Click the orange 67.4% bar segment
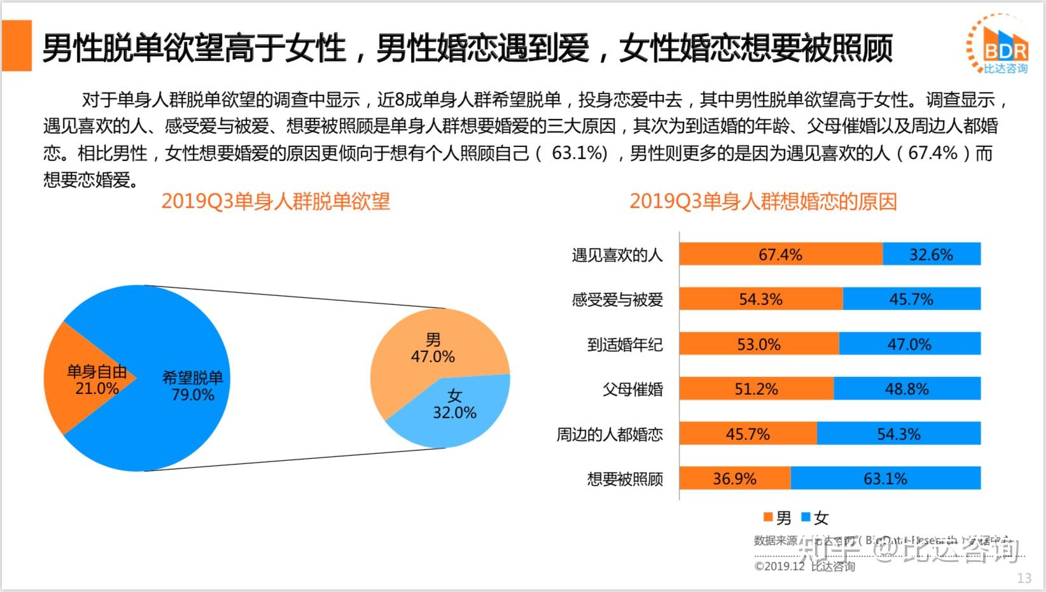click(x=781, y=255)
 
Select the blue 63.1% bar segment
click(x=885, y=479)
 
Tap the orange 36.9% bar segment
click(x=734, y=479)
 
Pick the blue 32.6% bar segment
click(x=931, y=255)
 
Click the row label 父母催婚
click(x=632, y=389)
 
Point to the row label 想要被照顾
click(x=625, y=479)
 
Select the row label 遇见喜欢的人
click(x=617, y=255)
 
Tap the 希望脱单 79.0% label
click(x=193, y=386)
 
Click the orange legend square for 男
click(x=768, y=517)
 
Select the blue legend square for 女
click(x=805, y=517)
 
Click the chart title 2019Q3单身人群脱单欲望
click(x=275, y=201)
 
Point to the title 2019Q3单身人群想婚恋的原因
click(x=763, y=201)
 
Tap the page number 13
click(x=1024, y=578)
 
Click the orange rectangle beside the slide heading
click(x=17, y=45)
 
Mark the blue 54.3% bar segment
click(x=898, y=434)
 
